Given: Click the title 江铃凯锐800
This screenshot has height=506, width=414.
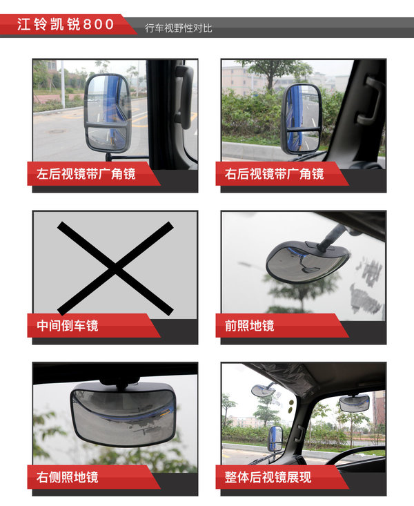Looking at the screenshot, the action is (x=66, y=25).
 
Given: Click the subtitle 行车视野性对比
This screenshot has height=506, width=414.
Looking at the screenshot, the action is (x=179, y=28).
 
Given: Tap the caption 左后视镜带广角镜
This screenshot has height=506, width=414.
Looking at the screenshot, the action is (x=86, y=174).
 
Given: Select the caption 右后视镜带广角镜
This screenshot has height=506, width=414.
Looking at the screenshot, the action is (x=275, y=174).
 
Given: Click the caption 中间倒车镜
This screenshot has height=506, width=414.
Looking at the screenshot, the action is (x=68, y=326).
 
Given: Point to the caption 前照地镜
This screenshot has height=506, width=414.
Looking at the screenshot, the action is (x=249, y=326).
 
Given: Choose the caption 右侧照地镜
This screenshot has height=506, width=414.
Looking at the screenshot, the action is (x=68, y=477).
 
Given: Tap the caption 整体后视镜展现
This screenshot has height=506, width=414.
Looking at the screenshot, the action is (x=268, y=477).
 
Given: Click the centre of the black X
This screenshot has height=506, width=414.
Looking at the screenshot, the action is (x=115, y=269).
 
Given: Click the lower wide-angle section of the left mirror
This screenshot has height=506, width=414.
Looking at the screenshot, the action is (x=108, y=139).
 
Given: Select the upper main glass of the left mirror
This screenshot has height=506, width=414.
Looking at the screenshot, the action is (x=108, y=100).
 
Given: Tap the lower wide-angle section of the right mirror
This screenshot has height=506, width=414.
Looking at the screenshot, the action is (x=302, y=142).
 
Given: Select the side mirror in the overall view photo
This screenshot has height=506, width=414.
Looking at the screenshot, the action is (x=275, y=438).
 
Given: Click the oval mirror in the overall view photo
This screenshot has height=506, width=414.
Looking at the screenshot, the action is (x=262, y=391).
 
